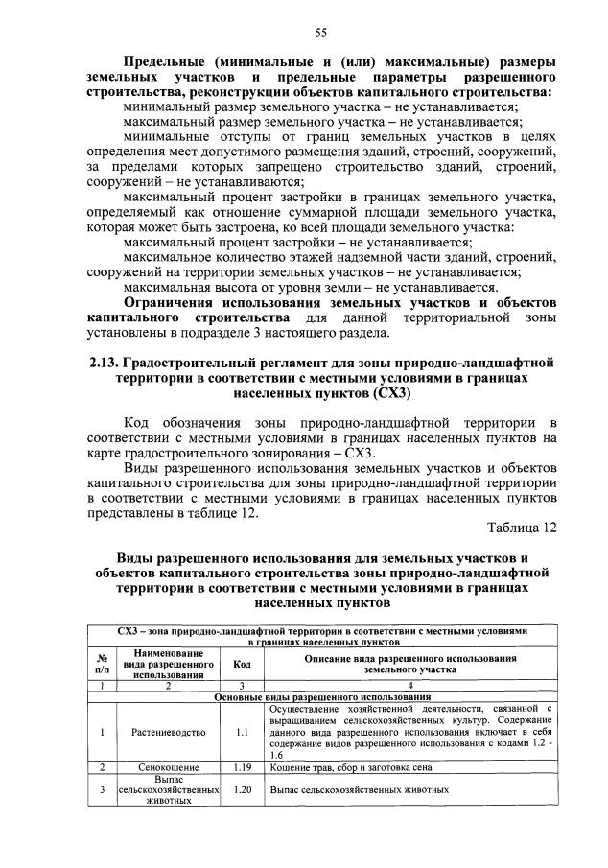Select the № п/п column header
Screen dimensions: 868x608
pos(103,664)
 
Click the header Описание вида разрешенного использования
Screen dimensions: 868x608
pos(406,664)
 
